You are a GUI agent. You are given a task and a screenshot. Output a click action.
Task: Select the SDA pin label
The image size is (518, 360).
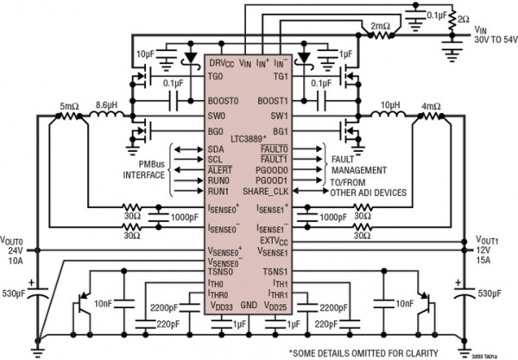[216, 149]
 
